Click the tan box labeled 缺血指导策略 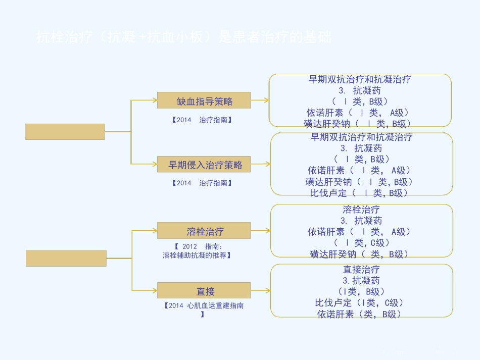click(204, 100)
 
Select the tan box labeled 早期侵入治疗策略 click(204, 165)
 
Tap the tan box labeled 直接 click(204, 291)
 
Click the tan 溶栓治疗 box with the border click(204, 231)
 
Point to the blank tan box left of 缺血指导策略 click(65, 131)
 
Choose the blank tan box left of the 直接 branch click(66, 258)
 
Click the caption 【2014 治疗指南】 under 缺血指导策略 click(202, 120)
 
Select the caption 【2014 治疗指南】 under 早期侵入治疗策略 click(202, 183)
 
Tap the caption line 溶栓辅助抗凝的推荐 click(197, 255)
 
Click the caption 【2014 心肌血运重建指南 click(204, 305)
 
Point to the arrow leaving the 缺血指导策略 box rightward click(259, 100)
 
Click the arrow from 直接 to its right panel click(260, 291)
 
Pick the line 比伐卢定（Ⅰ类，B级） click(359, 192)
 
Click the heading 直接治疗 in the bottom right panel click(361, 270)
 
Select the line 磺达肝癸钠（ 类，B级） click(359, 254)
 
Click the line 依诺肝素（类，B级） click(359, 314)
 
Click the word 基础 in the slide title click(320, 37)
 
